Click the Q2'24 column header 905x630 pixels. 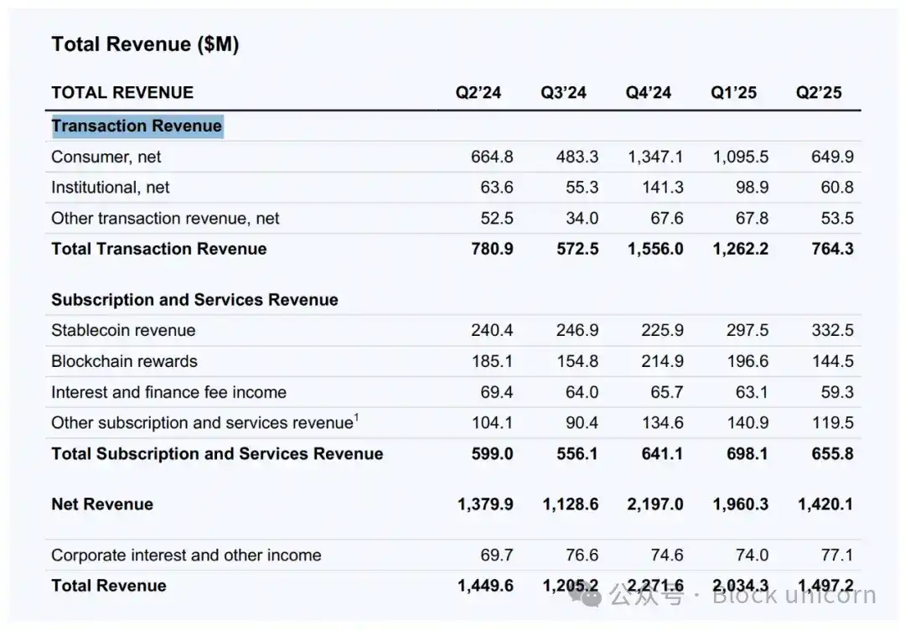(x=478, y=92)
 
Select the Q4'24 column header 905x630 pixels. (x=648, y=92)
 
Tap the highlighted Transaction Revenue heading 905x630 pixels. (x=137, y=127)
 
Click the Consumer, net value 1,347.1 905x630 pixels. (x=655, y=157)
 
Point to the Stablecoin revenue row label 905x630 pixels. (x=123, y=330)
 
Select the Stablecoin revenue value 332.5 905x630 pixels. (x=832, y=330)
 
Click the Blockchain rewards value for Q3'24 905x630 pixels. (x=577, y=361)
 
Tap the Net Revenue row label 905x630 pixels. (x=102, y=504)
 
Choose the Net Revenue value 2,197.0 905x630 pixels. (x=655, y=504)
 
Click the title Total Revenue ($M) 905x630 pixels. (x=145, y=44)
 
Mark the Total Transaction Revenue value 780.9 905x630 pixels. (x=492, y=249)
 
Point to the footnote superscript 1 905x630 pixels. (x=356, y=417)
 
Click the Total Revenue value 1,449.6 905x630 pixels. (x=485, y=586)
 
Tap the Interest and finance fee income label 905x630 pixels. (x=168, y=392)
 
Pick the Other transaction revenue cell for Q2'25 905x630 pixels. (x=837, y=219)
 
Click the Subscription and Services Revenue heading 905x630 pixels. (x=194, y=300)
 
